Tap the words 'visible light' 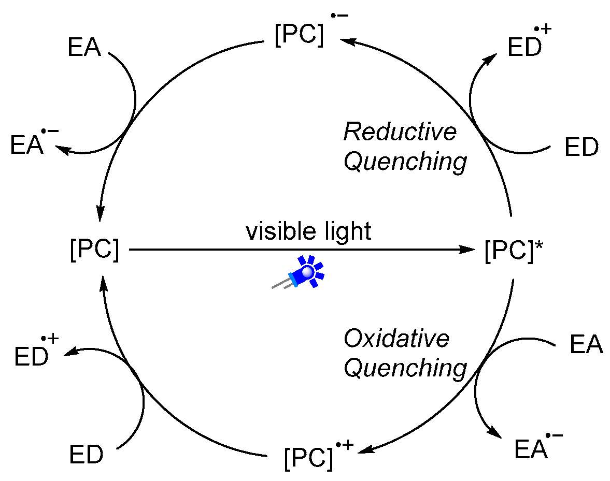point(309,231)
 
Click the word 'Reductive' point(400,132)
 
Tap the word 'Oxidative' point(396,339)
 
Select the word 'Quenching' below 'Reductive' point(405,162)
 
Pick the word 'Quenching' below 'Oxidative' point(405,369)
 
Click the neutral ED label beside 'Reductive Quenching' point(581,148)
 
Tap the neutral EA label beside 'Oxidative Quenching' point(586,345)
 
